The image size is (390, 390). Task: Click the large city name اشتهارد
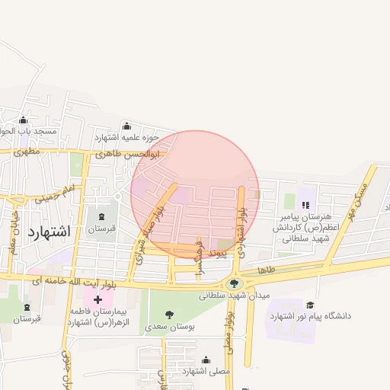(48, 232)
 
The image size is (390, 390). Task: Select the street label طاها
(265, 270)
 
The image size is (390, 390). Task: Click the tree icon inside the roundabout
(232, 283)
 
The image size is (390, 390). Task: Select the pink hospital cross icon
(97, 300)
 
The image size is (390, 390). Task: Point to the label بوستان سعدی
(171, 325)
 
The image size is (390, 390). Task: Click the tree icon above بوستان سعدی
(169, 314)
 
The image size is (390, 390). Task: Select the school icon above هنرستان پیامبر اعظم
(305, 204)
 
